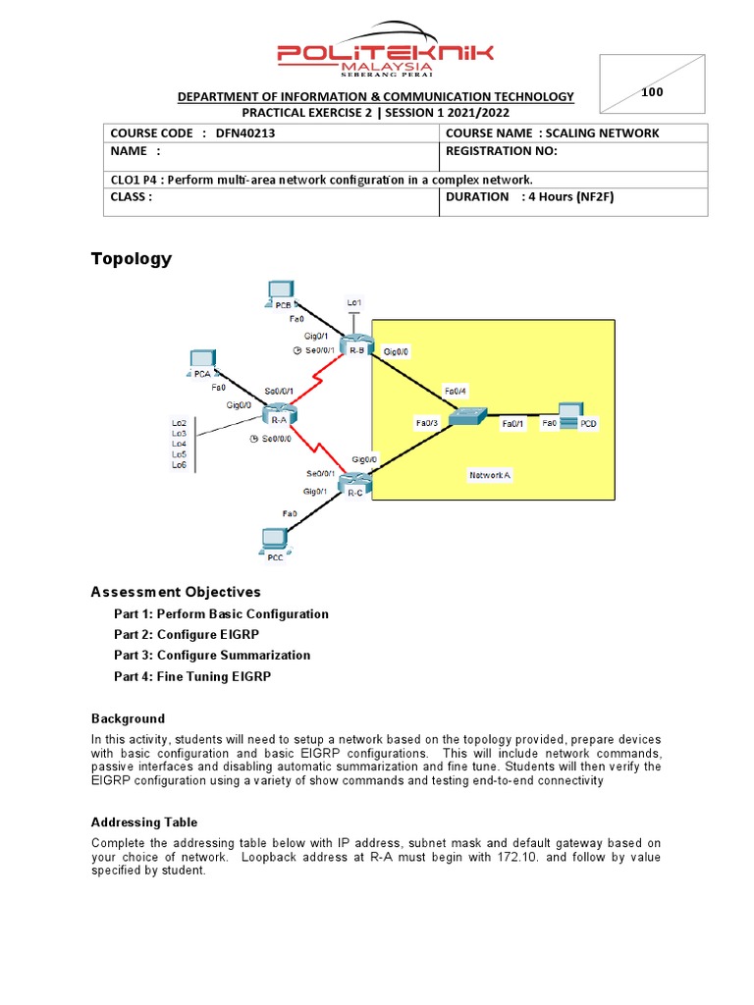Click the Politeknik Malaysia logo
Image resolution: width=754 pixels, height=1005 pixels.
[385, 49]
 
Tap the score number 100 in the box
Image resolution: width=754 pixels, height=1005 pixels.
[652, 92]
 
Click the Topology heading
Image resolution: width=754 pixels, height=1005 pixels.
[131, 259]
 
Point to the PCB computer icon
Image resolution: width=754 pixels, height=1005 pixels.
[280, 291]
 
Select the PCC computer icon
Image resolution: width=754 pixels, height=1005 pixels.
[274, 539]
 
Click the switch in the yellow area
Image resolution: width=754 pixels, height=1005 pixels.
[463, 417]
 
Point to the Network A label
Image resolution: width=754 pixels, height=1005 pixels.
[490, 475]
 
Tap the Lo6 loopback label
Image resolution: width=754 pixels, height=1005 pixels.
[179, 464]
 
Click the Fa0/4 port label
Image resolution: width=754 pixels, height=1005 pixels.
[455, 391]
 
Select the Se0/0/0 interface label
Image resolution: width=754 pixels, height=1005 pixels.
[276, 439]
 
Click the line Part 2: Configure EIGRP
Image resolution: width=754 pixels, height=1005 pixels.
[187, 635]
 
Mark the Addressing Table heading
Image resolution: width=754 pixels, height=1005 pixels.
[144, 822]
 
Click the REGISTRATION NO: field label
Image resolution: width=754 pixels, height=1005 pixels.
[501, 151]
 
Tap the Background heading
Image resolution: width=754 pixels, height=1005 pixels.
[128, 718]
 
